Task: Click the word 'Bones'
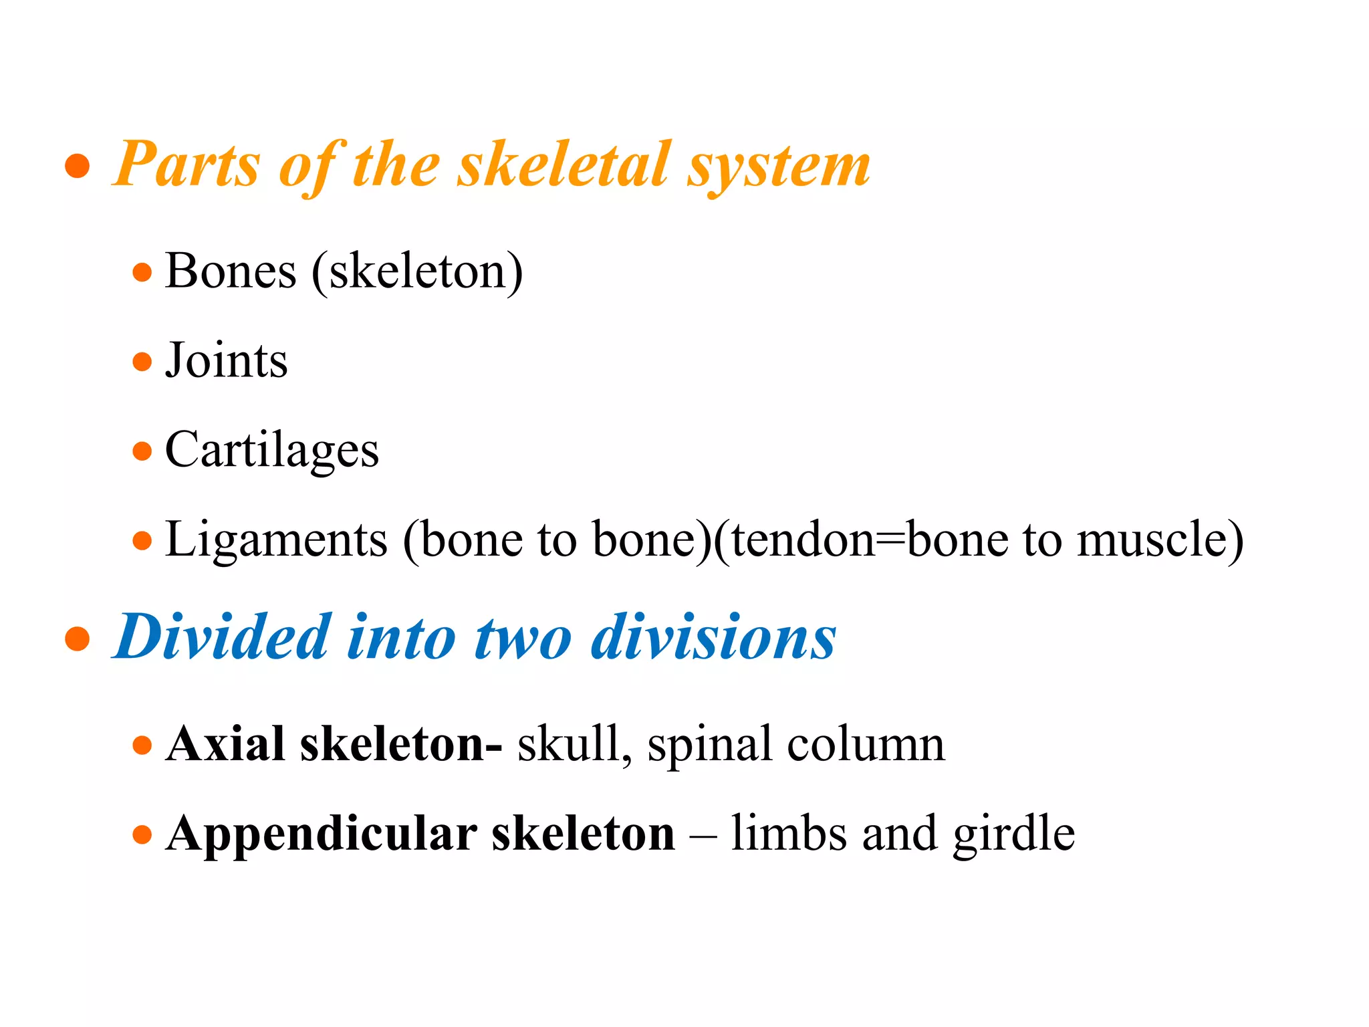coord(231,271)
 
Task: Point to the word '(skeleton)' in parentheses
coord(417,271)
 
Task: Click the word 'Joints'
coord(227,361)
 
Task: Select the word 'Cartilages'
coord(272,451)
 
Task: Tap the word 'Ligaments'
coord(276,540)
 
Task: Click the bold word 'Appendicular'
coord(322,834)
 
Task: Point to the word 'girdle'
coord(1013,834)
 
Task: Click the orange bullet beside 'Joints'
coord(142,362)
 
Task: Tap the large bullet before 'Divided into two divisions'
coord(78,639)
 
